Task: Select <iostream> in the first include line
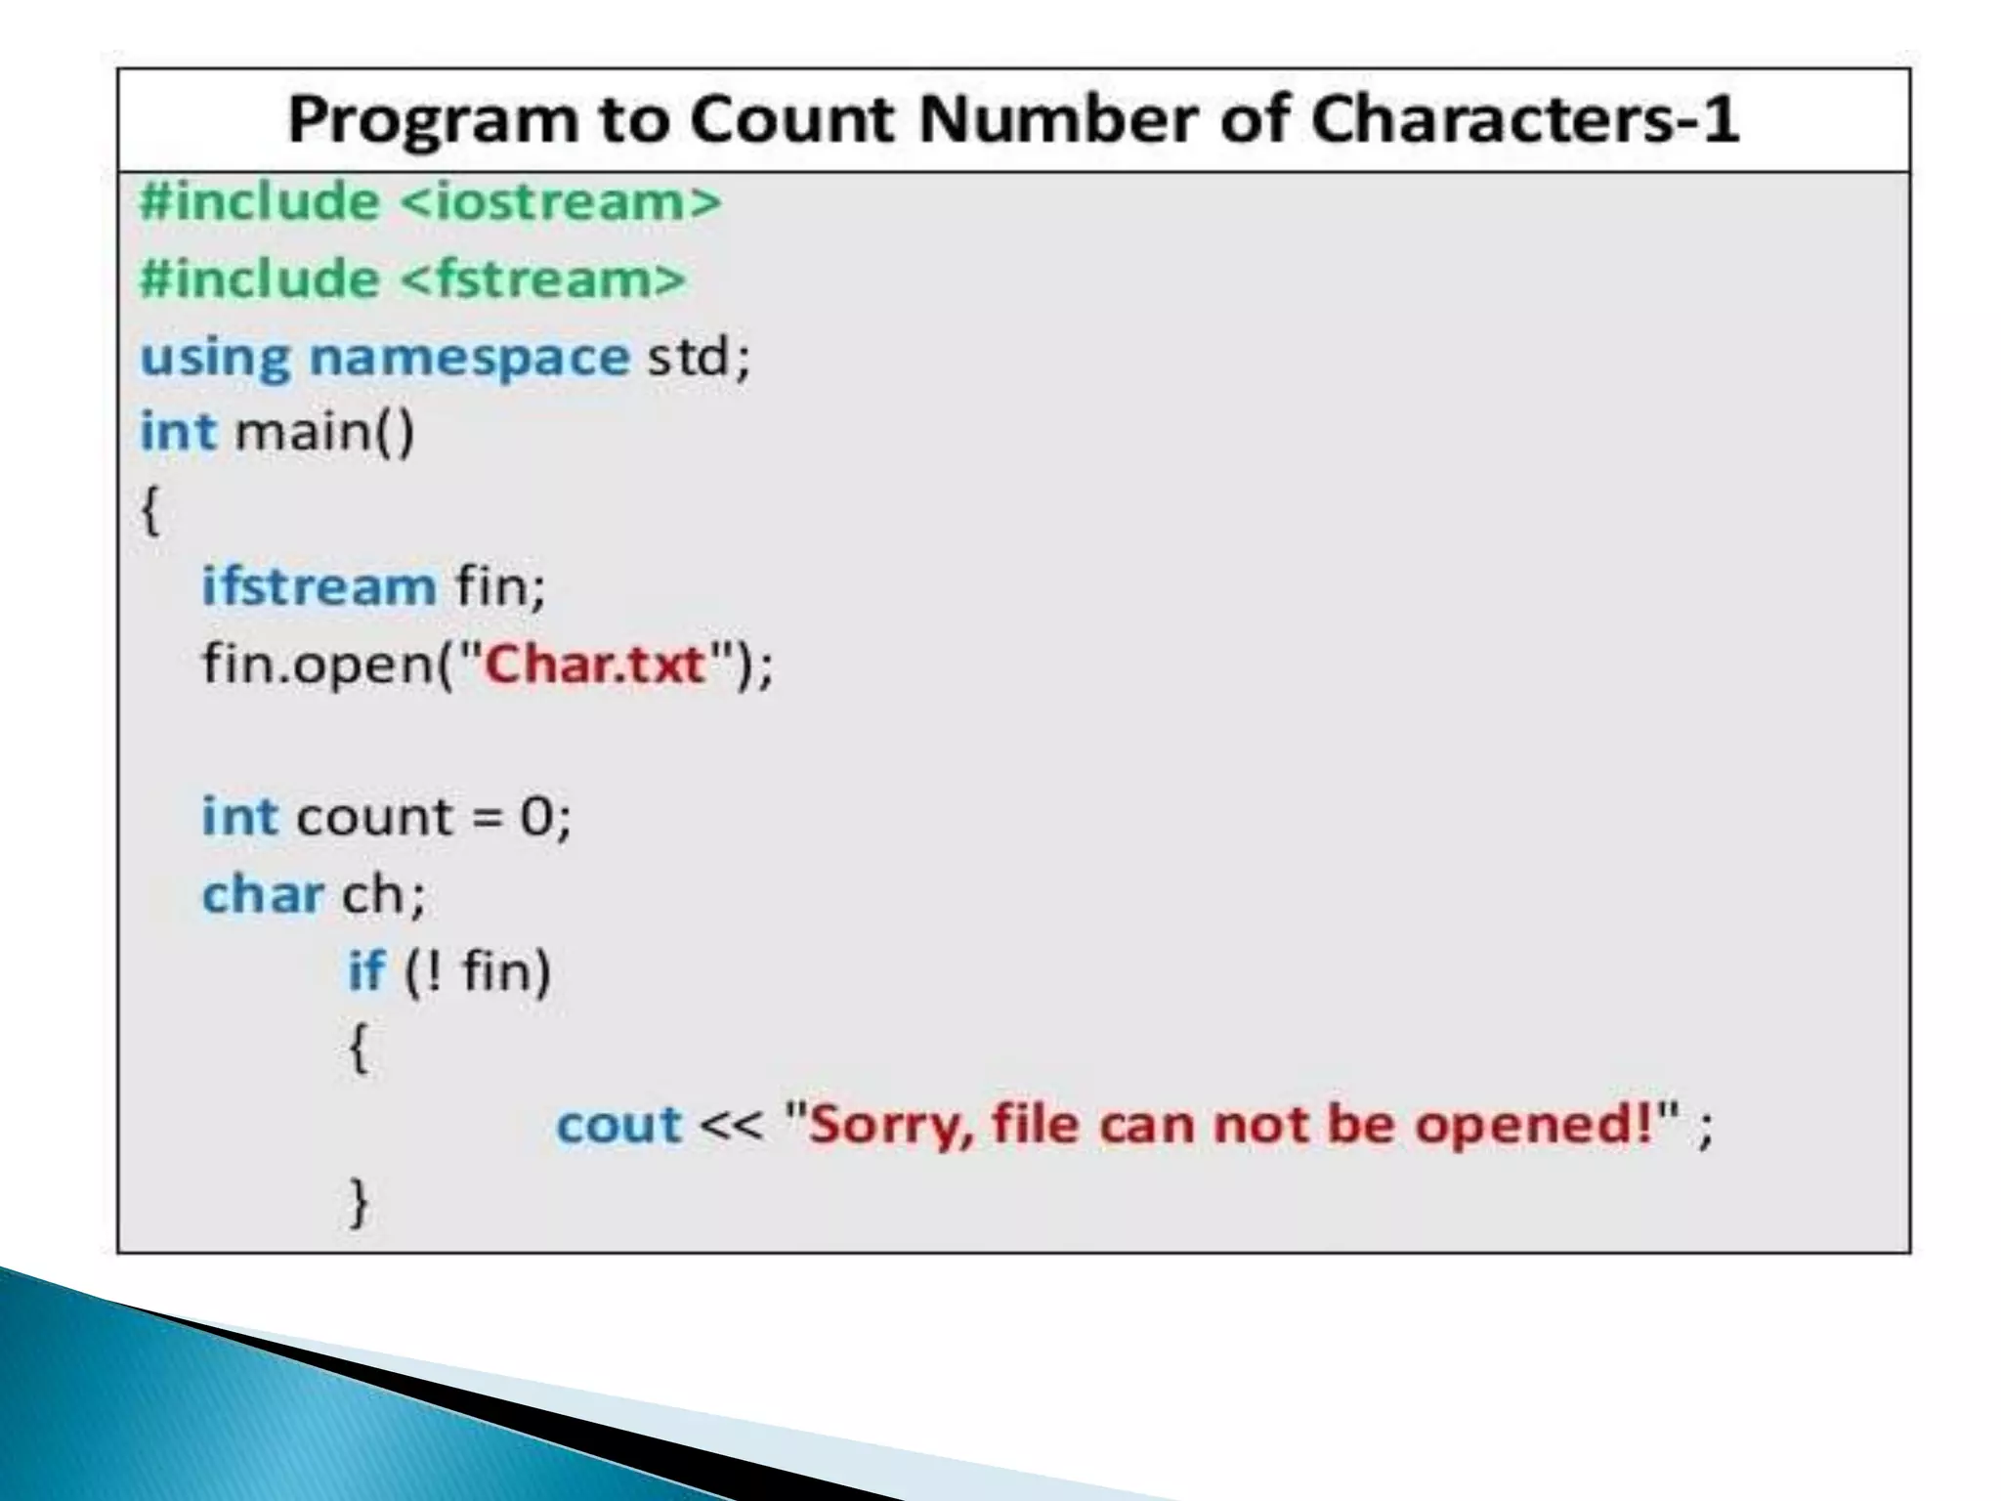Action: pyautogui.click(x=560, y=202)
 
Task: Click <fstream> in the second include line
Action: pyautogui.click(x=543, y=279)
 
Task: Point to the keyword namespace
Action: pyautogui.click(x=469, y=357)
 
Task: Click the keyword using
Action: pyautogui.click(x=215, y=358)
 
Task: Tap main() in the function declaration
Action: pyautogui.click(x=324, y=431)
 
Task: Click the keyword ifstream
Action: pyautogui.click(x=319, y=586)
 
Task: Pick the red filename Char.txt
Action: pyautogui.click(x=595, y=665)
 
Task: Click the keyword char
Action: pyautogui.click(x=262, y=894)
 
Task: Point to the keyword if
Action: pyautogui.click(x=366, y=970)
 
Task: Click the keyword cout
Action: pyautogui.click(x=617, y=1124)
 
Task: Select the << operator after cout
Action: pyautogui.click(x=731, y=1125)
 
